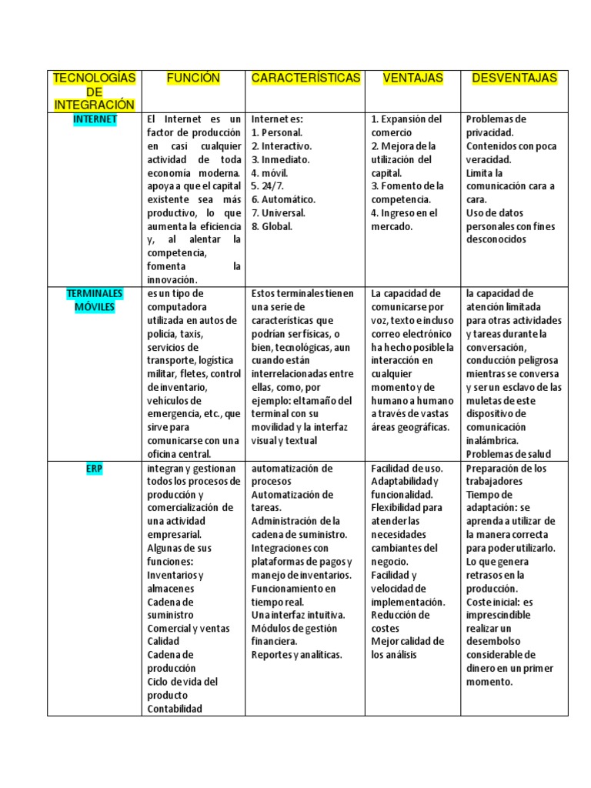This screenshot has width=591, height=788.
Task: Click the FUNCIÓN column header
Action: click(193, 78)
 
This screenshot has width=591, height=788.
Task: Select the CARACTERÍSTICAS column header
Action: click(306, 78)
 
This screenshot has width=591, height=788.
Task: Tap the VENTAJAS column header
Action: click(413, 78)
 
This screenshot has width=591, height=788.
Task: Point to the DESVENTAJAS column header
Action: click(515, 78)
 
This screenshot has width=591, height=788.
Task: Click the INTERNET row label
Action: click(95, 119)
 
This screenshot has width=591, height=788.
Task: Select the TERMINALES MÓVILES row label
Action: click(95, 300)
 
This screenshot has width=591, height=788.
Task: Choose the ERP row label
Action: click(95, 468)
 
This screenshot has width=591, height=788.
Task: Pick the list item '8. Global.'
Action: click(272, 226)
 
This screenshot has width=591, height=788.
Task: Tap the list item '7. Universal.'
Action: click(278, 213)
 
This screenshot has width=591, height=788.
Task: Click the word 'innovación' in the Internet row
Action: click(172, 280)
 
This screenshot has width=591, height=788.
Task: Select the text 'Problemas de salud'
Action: click(509, 454)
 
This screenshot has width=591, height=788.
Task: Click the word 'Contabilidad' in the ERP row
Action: click(175, 709)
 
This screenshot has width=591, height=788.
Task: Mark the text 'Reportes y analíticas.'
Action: click(296, 655)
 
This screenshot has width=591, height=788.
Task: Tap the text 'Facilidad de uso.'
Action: click(406, 468)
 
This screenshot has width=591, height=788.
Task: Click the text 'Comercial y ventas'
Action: click(189, 628)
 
